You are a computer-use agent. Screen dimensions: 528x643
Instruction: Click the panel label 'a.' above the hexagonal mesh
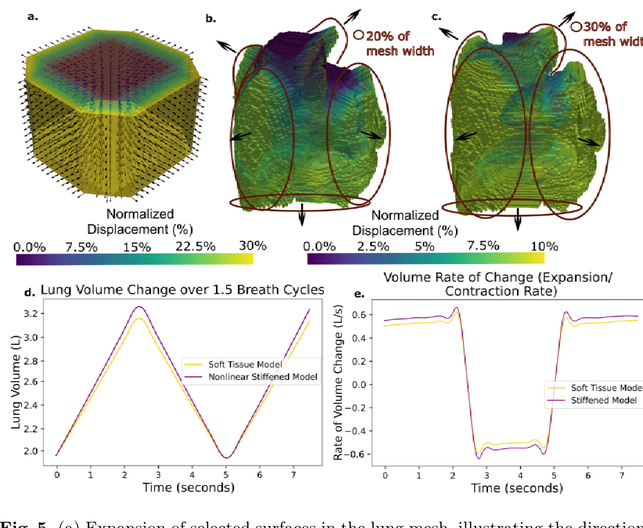[x=32, y=16]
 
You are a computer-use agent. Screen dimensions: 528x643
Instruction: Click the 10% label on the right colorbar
[x=544, y=246]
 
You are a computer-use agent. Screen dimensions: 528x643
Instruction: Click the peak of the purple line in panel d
[x=139, y=306]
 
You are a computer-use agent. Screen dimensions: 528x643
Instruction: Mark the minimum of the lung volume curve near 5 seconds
[x=226, y=457]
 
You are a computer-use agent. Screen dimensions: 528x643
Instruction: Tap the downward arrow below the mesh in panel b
[x=302, y=216]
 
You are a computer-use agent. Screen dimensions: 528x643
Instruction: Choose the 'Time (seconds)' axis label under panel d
[x=188, y=487]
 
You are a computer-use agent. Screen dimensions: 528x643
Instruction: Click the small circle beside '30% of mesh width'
[x=576, y=28]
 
